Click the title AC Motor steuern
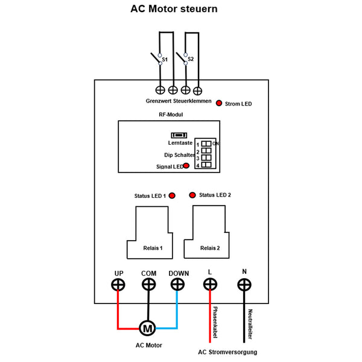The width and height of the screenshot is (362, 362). coord(174,10)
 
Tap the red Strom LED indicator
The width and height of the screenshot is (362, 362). coord(218,103)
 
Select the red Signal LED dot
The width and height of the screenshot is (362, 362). coord(186,165)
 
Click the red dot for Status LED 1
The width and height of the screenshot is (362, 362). coord(172,195)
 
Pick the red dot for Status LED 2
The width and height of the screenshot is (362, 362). coord(192,195)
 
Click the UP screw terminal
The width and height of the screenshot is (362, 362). coord(118,285)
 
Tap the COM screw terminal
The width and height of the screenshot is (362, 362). coord(148,285)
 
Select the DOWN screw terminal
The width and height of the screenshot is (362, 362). coord(178,285)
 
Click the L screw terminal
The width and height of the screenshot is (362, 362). coord(209,285)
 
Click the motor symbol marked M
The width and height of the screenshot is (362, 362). coord(147,328)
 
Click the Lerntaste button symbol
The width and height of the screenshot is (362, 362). coord(178,135)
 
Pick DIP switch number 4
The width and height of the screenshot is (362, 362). coord(206,165)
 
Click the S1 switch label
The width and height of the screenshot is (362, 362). coord(165,60)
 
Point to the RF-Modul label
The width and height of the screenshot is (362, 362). coord(167,114)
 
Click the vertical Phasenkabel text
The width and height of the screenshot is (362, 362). coord(215,323)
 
